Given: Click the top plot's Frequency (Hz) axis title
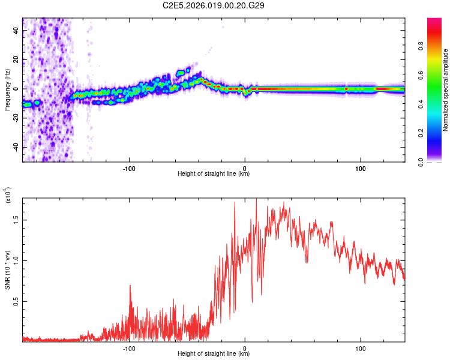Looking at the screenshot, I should click(7, 89).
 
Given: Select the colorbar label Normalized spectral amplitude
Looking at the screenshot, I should click(445, 89).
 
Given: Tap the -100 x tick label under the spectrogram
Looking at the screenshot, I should click(128, 167).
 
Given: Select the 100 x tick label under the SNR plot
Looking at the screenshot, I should click(361, 347).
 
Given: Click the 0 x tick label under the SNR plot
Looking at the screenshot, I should click(245, 347).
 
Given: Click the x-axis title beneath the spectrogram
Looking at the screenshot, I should click(214, 174).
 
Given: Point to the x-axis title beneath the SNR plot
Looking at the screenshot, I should click(214, 354).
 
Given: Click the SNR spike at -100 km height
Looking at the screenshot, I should click(130, 287).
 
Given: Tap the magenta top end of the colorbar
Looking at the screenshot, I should click(434, 22).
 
